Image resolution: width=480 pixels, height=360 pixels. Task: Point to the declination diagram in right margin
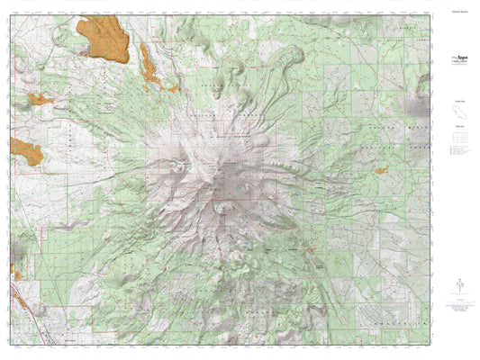point(457,283)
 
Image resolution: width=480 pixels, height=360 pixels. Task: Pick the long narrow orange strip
point(148,67)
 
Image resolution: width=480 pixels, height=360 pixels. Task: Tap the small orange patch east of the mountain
point(381,169)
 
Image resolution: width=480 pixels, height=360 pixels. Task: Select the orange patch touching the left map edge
point(24,151)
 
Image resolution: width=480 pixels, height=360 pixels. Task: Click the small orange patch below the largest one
point(40,99)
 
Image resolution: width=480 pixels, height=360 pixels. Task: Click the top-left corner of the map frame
point(13,13)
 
